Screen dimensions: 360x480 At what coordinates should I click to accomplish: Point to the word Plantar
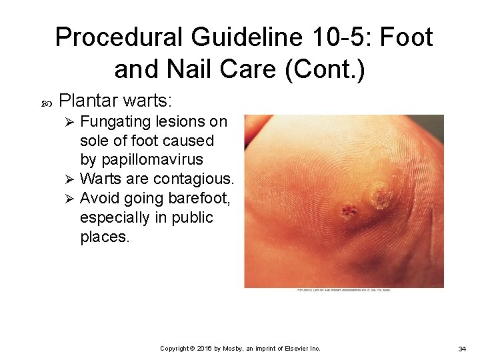(87, 101)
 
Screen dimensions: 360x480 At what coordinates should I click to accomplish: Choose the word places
(105, 237)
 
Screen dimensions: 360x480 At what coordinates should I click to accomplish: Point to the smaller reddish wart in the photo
(347, 213)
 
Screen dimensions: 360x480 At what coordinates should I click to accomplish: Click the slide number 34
(462, 349)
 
